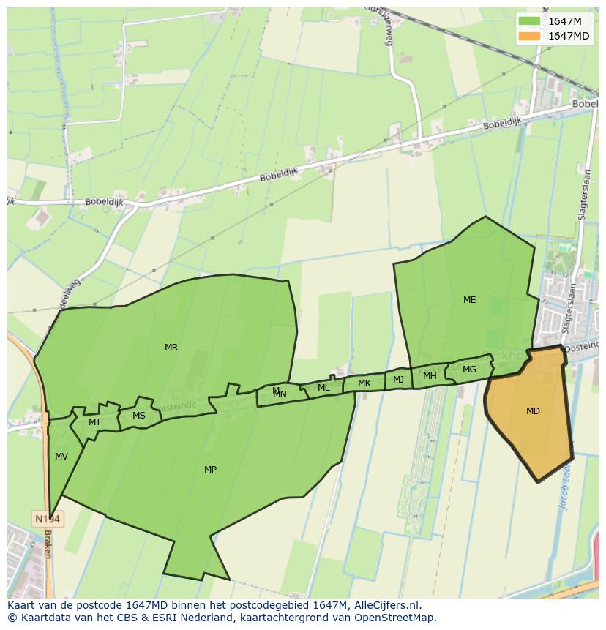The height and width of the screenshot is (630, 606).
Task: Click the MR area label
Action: [x=171, y=348]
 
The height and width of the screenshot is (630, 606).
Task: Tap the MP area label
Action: [x=210, y=470]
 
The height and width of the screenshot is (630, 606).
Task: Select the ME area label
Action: [x=469, y=300]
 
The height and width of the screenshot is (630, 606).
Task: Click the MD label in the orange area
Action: [x=533, y=411]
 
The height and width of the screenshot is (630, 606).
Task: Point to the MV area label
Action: [x=61, y=457]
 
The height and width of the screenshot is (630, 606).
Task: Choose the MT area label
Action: [x=94, y=422]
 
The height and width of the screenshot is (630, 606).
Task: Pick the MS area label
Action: [x=139, y=416]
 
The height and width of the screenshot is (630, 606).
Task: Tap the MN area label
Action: [x=280, y=394]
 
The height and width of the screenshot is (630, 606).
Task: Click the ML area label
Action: [x=323, y=388]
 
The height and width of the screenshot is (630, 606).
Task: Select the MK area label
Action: [x=364, y=383]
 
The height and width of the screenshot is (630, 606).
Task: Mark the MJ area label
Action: [x=398, y=380]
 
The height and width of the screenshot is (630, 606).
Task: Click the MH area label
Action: [x=430, y=376]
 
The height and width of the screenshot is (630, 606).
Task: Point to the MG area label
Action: [x=469, y=370]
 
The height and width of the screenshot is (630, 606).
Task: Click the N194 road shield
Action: [x=48, y=519]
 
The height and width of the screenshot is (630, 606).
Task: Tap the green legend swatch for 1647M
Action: [x=529, y=21]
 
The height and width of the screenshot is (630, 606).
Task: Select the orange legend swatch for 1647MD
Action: [x=529, y=36]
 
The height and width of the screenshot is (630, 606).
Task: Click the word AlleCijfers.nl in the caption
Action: [x=386, y=605]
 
